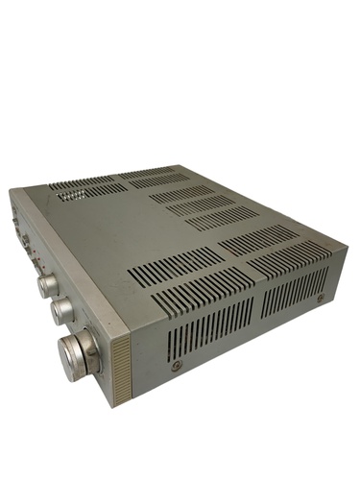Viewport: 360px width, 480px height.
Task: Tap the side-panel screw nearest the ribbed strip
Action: (176, 367)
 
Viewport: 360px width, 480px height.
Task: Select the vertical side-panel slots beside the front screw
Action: (202, 326)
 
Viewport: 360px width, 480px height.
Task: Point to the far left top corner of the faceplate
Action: (12, 190)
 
